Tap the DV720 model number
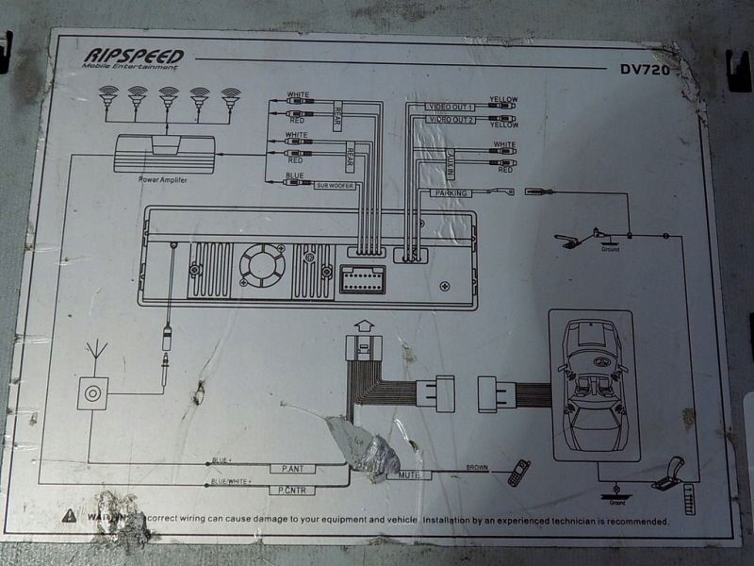point(645,69)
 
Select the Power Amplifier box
point(164,156)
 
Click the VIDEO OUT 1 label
point(451,106)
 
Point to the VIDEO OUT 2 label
point(451,120)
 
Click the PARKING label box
point(450,193)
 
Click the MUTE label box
point(409,474)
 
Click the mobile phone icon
point(518,473)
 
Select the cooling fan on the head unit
point(262,265)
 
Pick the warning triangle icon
point(69,517)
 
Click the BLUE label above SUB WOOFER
point(294,175)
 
